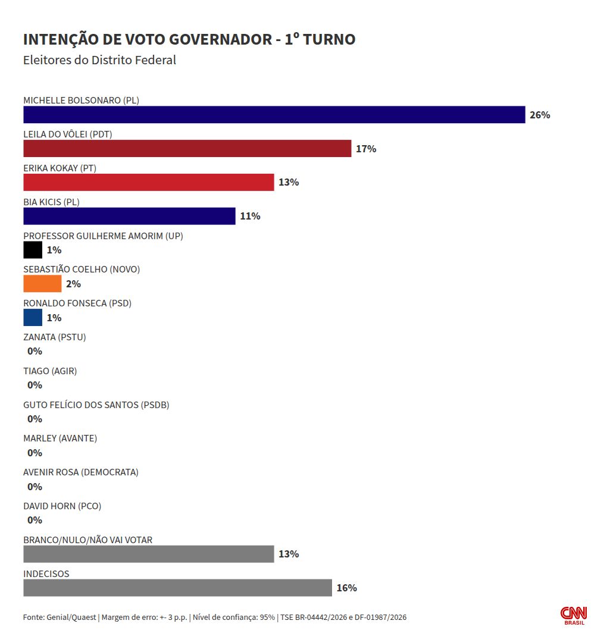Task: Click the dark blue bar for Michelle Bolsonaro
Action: click(274, 115)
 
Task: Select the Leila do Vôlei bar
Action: click(187, 149)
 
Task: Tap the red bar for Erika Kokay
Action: click(149, 182)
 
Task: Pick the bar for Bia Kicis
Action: click(129, 216)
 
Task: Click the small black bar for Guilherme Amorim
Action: click(33, 250)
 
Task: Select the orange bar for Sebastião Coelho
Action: click(42, 284)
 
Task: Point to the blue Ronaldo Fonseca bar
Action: click(33, 317)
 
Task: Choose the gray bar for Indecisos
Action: click(178, 588)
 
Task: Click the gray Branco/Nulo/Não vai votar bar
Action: click(149, 554)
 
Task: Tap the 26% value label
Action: click(540, 115)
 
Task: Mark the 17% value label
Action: click(366, 149)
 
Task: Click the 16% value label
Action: click(347, 588)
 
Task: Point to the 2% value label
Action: click(74, 284)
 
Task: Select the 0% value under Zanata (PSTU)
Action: click(35, 351)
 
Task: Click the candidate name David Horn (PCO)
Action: click(62, 506)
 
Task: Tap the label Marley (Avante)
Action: click(60, 438)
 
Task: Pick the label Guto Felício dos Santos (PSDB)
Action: click(96, 405)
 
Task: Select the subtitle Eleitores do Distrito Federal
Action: click(100, 60)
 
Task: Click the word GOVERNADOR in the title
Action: click(221, 39)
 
